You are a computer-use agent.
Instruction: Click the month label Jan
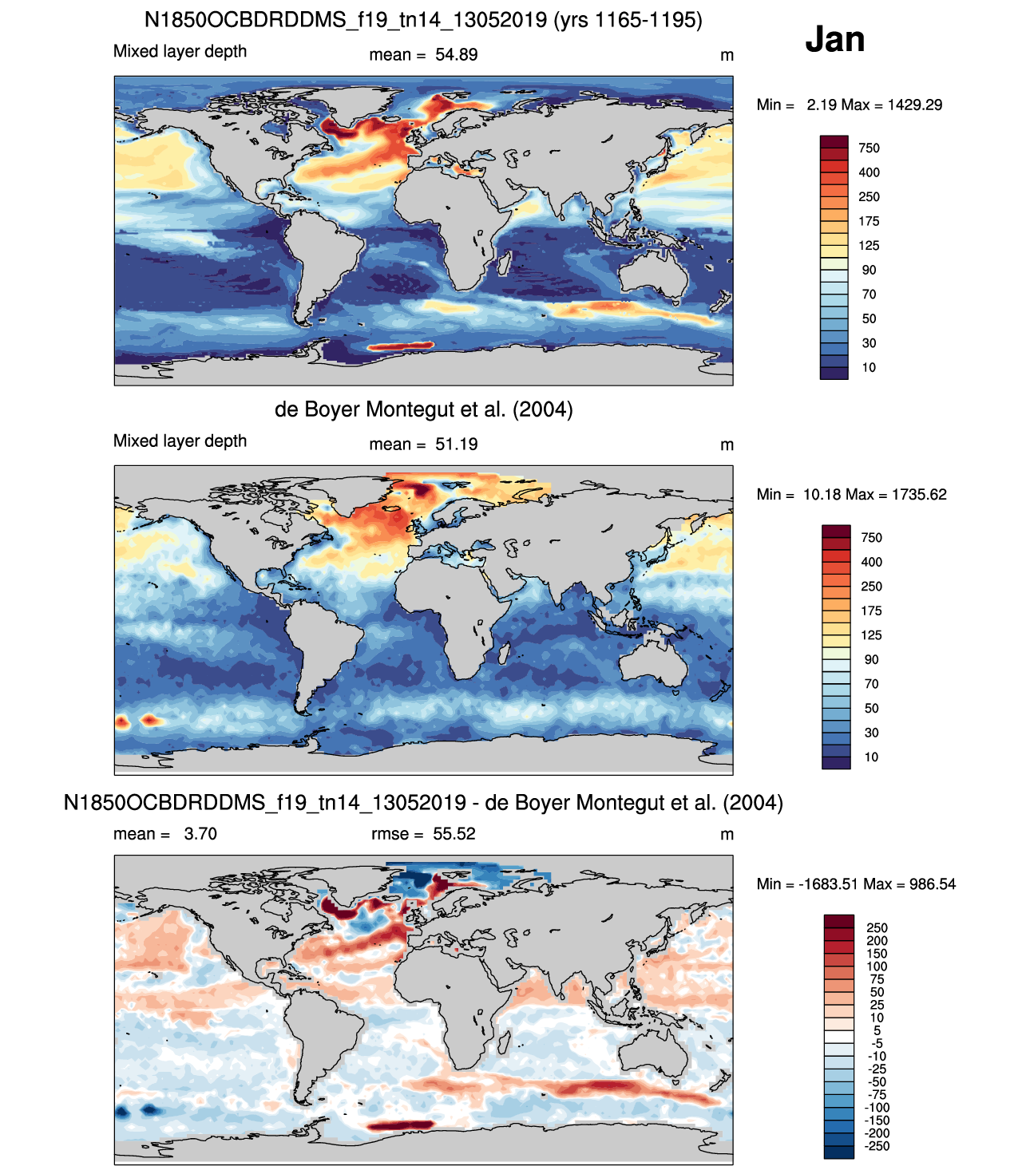point(834,39)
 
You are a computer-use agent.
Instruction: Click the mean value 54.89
point(456,55)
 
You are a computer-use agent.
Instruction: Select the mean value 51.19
point(456,444)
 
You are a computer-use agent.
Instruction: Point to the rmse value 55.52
point(454,833)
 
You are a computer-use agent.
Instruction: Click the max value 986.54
point(933,883)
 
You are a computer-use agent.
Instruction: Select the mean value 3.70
point(200,833)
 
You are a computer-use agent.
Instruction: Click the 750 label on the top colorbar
point(868,148)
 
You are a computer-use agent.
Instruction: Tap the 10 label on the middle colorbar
point(870,757)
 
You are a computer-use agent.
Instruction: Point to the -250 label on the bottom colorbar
point(877,1146)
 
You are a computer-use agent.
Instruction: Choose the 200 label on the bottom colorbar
point(877,941)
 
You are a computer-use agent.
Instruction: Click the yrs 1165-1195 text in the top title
point(628,20)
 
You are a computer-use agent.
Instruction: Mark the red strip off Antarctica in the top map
point(400,346)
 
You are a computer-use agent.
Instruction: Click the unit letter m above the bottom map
point(726,835)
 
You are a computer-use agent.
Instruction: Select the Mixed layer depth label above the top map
point(180,51)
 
